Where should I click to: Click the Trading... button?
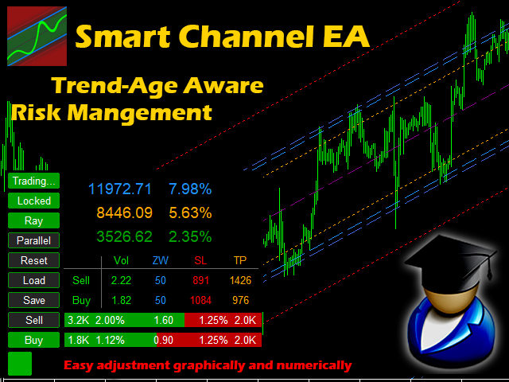(33, 181)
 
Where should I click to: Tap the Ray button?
(33, 221)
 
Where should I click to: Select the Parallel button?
(33, 240)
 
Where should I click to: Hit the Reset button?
(33, 260)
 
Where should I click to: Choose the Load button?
(33, 280)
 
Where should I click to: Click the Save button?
(33, 300)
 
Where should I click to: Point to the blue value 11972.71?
(120, 189)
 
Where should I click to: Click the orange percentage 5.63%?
(190, 213)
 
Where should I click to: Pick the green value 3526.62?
(124, 237)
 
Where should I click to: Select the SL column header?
(200, 260)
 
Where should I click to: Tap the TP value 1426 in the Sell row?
(240, 280)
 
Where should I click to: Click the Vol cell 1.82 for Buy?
(121, 301)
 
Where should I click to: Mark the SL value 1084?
(200, 301)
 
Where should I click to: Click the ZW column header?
(161, 260)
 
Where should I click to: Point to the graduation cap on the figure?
(451, 260)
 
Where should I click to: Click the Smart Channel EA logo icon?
(37, 36)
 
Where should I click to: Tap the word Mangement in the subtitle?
(140, 112)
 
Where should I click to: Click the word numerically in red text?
(314, 365)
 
